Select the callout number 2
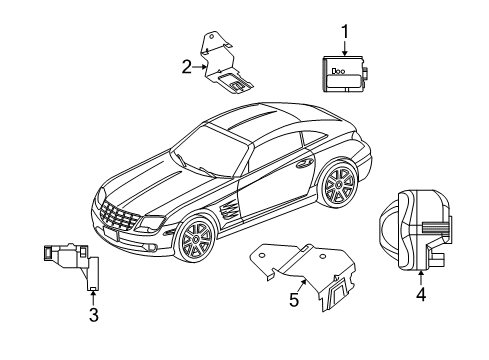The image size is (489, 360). pos(186,68)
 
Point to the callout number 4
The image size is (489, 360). pos(421,296)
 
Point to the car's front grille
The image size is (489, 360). pos(119,217)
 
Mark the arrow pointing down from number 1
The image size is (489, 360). pos(344,50)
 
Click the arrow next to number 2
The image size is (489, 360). pos(200,68)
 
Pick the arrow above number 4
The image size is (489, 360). pos(421,278)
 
